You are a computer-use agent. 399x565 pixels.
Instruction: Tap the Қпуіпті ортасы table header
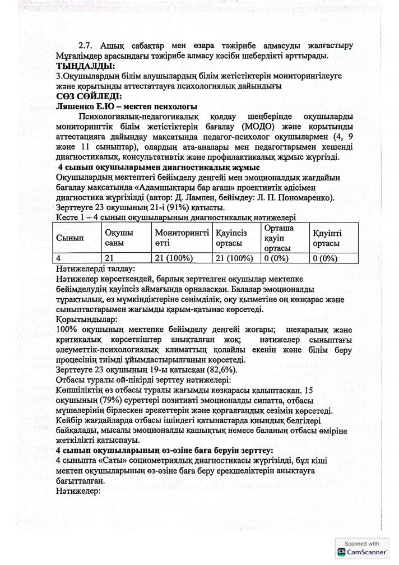328,238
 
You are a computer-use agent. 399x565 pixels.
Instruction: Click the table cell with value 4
59,258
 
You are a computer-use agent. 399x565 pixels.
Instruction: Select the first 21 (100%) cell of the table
174,258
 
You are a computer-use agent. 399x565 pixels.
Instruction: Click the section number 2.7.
87,45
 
